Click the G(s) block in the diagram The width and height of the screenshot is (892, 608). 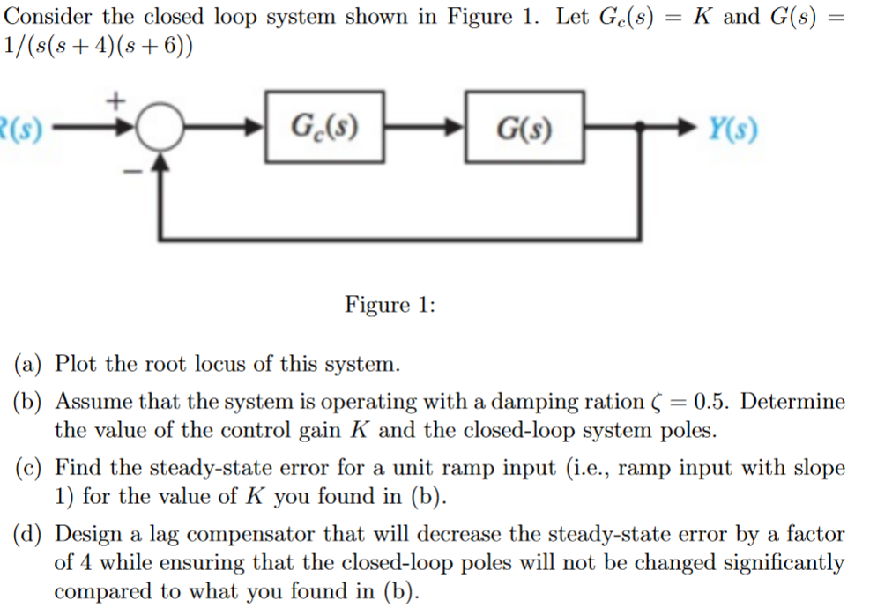[x=524, y=128]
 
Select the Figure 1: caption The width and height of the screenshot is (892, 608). [x=390, y=305]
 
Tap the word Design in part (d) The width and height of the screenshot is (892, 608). [x=88, y=534]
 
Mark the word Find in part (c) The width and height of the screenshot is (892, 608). [x=75, y=468]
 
